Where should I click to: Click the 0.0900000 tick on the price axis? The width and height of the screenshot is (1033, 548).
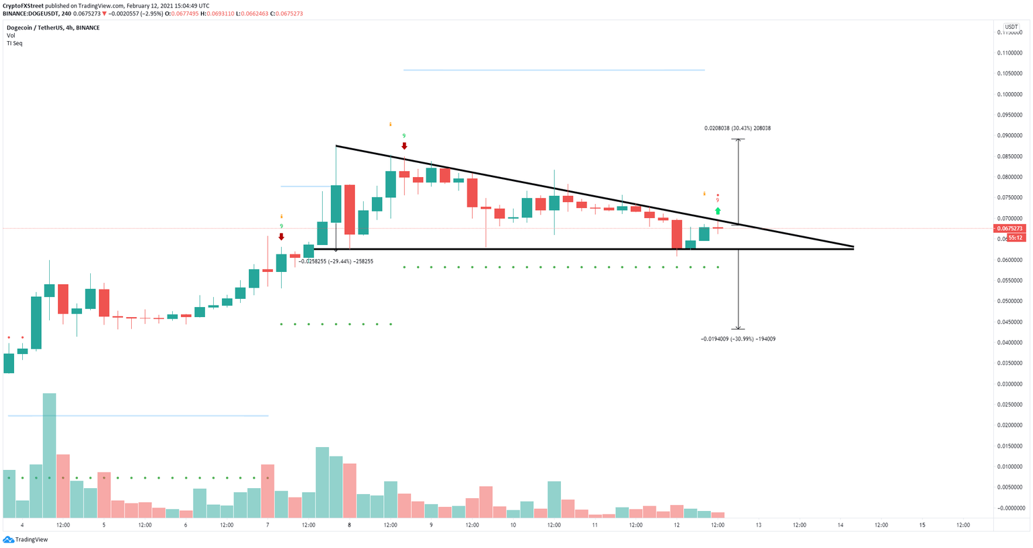pyautogui.click(x=1010, y=135)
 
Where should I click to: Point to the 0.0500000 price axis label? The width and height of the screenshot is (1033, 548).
pyautogui.click(x=1010, y=301)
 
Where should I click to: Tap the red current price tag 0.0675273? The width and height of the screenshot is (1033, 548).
pyautogui.click(x=1010, y=228)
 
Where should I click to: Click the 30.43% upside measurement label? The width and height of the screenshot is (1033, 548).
pyautogui.click(x=737, y=128)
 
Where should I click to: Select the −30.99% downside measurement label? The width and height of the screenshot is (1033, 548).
pyautogui.click(x=738, y=339)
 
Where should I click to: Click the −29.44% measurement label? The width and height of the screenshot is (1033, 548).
pyautogui.click(x=336, y=261)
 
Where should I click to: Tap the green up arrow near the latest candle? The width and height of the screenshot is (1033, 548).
pyautogui.click(x=718, y=211)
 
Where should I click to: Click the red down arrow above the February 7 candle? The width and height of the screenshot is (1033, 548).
pyautogui.click(x=281, y=237)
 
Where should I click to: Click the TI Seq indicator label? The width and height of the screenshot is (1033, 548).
pyautogui.click(x=14, y=43)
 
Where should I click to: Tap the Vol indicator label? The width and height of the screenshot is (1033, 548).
pyautogui.click(x=11, y=36)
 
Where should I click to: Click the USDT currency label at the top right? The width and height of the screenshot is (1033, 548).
pyautogui.click(x=1011, y=28)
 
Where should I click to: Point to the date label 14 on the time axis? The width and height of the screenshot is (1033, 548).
pyautogui.click(x=840, y=525)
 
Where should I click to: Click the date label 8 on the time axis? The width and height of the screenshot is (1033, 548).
pyautogui.click(x=349, y=525)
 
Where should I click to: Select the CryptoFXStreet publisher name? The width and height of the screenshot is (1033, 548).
pyautogui.click(x=23, y=6)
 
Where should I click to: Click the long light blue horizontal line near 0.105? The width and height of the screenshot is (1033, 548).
pyautogui.click(x=553, y=70)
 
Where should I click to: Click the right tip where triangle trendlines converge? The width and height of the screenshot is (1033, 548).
pyautogui.click(x=853, y=247)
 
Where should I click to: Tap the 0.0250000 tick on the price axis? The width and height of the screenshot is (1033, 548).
pyautogui.click(x=1010, y=405)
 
